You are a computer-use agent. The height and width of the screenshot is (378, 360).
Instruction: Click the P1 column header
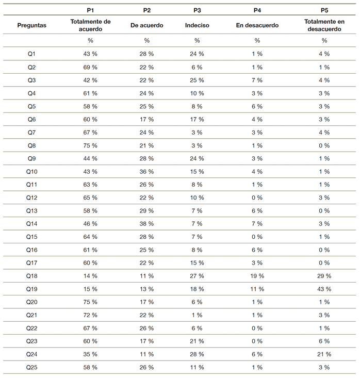click(90, 10)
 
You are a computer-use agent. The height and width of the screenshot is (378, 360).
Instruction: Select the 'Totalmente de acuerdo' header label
click(90, 25)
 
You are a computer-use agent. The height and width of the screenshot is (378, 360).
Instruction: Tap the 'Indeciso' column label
click(197, 25)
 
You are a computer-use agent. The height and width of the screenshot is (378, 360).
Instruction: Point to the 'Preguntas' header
click(31, 25)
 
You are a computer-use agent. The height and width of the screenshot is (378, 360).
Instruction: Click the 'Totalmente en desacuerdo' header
click(324, 25)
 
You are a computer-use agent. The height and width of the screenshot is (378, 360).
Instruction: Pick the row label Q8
click(31, 145)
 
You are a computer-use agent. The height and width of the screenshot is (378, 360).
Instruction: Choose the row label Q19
click(31, 289)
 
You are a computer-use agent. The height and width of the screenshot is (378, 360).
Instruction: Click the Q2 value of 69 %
click(90, 67)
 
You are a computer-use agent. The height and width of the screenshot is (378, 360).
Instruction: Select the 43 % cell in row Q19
click(324, 289)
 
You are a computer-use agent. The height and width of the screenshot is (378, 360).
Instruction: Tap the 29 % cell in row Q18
click(324, 276)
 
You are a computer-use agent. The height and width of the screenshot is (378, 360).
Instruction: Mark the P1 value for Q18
click(90, 276)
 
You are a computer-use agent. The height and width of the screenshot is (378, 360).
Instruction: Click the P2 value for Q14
click(146, 223)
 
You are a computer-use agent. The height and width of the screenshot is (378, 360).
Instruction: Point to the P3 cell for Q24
click(197, 354)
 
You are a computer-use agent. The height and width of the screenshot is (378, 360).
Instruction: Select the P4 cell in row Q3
click(257, 80)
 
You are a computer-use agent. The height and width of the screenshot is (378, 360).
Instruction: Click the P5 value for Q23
click(324, 341)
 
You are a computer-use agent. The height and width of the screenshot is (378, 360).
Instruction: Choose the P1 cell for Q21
click(90, 315)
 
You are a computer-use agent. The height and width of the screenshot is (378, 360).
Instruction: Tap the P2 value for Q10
click(146, 171)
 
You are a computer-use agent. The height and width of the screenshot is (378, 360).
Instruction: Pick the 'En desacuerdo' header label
click(257, 25)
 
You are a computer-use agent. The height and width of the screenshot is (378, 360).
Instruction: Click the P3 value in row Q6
click(197, 119)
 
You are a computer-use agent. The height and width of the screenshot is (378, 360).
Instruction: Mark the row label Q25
click(31, 367)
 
